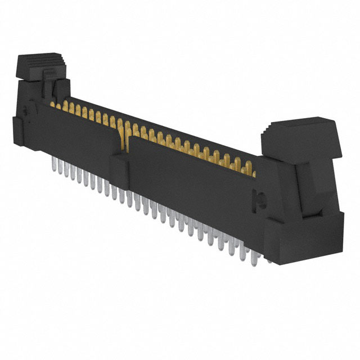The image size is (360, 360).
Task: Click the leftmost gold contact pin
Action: click(53, 105)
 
